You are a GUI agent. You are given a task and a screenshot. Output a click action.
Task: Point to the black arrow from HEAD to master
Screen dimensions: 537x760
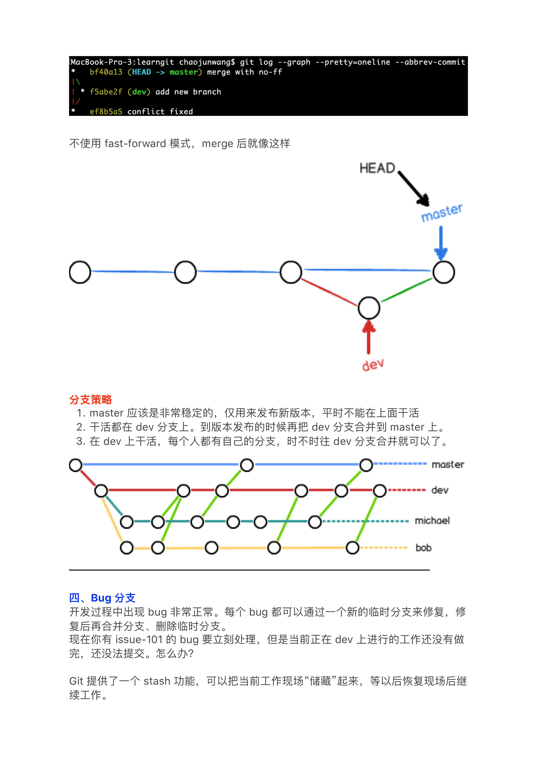point(413,188)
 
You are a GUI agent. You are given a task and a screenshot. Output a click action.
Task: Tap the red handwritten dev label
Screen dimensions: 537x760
point(373,365)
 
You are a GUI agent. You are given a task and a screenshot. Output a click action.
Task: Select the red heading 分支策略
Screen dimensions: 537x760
point(91,400)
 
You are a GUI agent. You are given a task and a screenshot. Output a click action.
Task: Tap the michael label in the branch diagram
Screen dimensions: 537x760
point(432,521)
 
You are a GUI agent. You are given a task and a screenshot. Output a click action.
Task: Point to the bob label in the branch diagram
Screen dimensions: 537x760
point(424,548)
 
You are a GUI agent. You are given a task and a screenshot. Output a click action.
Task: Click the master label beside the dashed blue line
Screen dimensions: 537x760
point(448,465)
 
